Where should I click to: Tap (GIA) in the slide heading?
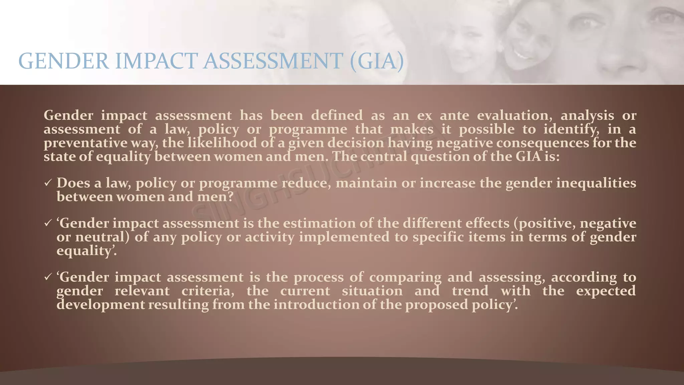(x=377, y=61)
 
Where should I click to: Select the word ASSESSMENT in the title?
(x=273, y=61)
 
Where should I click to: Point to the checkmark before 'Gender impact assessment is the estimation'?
(x=48, y=223)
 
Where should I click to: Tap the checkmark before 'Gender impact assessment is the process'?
(x=48, y=277)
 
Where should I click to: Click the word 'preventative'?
(x=85, y=143)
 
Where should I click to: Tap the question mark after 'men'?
(x=229, y=197)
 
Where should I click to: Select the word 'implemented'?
(x=344, y=237)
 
